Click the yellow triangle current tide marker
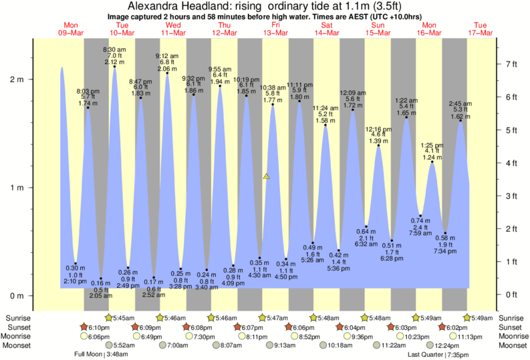tap(266, 176)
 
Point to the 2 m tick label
tap(15, 79)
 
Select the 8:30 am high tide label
tap(114, 49)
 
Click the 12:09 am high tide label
tap(353, 92)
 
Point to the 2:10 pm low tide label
tap(76, 281)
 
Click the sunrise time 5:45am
tap(122, 318)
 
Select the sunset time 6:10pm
tap(99, 327)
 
